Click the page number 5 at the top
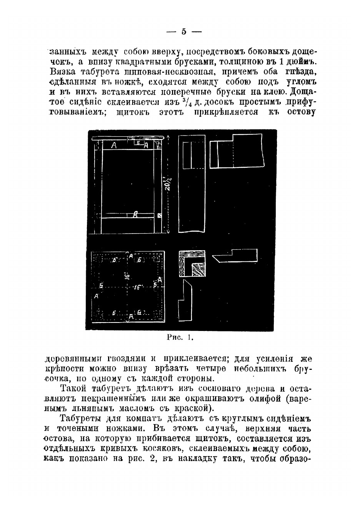183,32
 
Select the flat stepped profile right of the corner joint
235,255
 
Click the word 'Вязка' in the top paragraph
63,72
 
